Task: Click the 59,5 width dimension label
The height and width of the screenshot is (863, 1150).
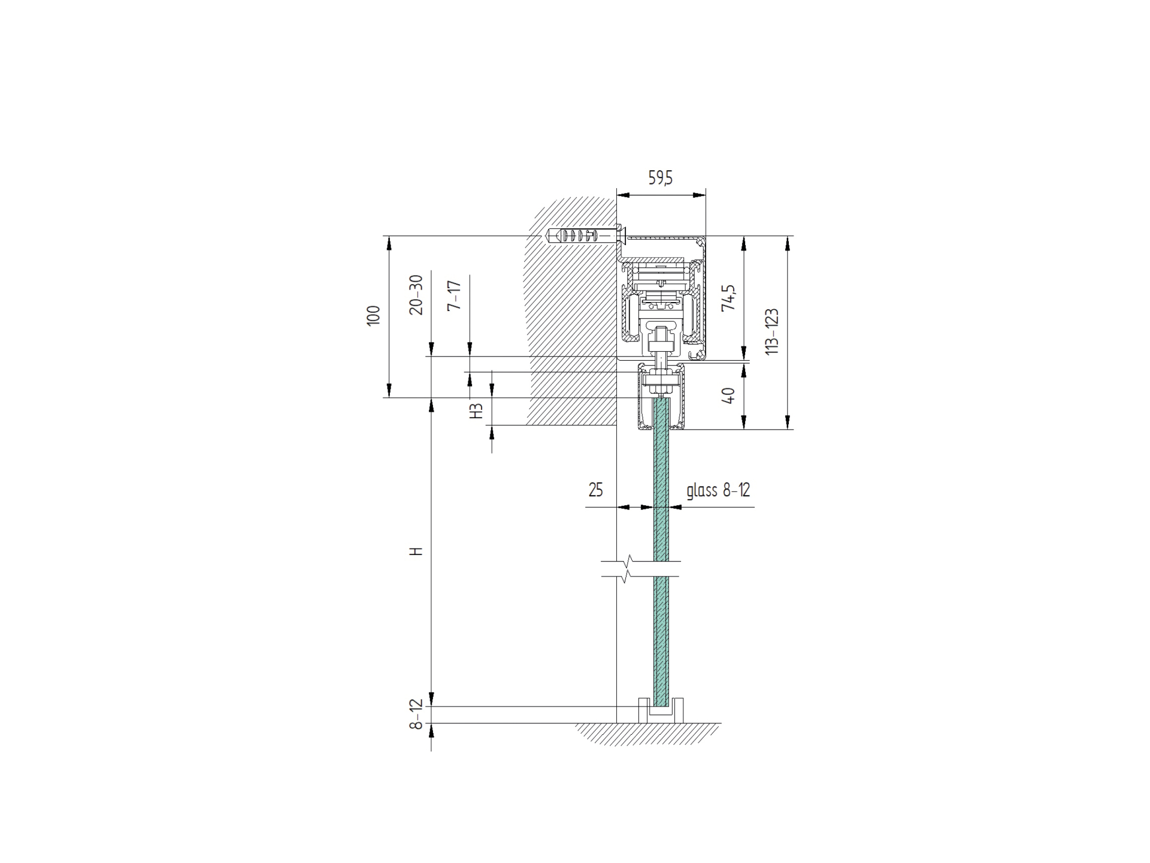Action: tap(661, 178)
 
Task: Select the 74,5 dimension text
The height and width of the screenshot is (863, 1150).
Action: tap(728, 298)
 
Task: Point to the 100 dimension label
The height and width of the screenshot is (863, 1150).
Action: tap(374, 316)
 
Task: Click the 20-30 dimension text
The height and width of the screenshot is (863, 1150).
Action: tap(417, 295)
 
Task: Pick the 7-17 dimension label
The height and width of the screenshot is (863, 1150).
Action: tap(455, 295)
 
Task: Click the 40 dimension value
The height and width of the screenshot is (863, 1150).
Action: tap(728, 396)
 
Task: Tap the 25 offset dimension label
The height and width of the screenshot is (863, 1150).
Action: tap(595, 490)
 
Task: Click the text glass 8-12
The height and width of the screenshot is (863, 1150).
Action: tap(718, 490)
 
